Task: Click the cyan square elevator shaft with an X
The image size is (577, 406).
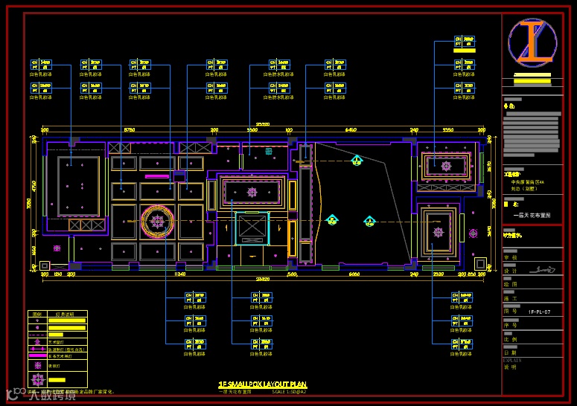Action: [x=252, y=228]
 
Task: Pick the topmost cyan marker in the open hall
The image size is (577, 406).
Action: [x=357, y=160]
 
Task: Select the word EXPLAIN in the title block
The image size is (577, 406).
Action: [x=513, y=360]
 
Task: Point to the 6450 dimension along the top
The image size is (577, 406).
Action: [x=350, y=131]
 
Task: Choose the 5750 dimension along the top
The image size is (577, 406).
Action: [x=129, y=131]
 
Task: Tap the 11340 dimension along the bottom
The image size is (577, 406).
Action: [x=179, y=274]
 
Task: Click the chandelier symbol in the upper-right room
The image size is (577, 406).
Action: [x=447, y=166]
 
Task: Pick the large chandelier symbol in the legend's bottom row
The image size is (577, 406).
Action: [x=37, y=379]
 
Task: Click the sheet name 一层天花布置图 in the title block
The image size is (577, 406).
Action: [x=532, y=215]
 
